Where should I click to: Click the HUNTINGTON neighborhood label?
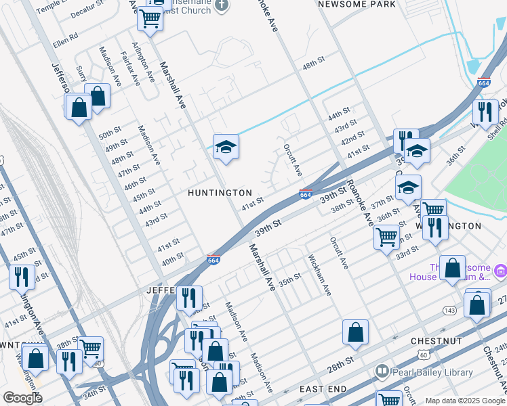(x=220, y=193)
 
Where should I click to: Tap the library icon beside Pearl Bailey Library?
(x=382, y=371)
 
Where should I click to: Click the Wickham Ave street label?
(x=319, y=275)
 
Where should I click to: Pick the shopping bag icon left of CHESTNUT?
(x=355, y=332)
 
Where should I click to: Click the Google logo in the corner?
(x=22, y=398)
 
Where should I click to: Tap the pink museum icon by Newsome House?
(x=501, y=271)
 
